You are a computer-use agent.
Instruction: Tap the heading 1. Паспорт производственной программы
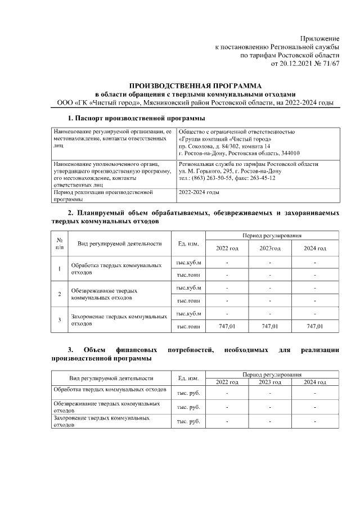(x=136, y=118)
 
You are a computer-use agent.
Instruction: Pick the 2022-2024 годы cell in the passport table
(x=199, y=192)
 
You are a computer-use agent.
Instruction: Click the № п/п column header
(x=60, y=244)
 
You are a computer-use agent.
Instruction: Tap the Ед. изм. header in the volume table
(x=188, y=244)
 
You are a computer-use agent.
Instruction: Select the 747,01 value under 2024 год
(x=314, y=326)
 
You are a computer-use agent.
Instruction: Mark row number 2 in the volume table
(x=60, y=294)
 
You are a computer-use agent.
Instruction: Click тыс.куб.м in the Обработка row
(x=188, y=263)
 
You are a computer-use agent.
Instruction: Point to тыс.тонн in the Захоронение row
(x=188, y=326)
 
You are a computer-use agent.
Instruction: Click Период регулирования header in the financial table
(x=272, y=374)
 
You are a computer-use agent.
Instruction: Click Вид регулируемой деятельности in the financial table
(x=110, y=378)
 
